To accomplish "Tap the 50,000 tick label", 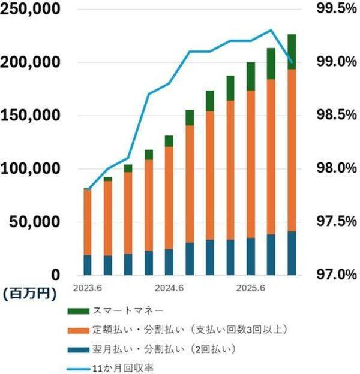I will (35, 222).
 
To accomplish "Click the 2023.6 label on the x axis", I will (88, 287).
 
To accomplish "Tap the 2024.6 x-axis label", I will (169, 287).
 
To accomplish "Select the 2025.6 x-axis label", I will (251, 287).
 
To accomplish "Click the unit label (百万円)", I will (29, 294).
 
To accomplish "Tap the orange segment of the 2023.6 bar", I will (88, 222).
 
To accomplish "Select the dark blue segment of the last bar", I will (292, 252).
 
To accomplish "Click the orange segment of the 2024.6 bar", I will (169, 198).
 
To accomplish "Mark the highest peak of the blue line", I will (271, 30).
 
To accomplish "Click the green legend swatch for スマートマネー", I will (77, 310).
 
